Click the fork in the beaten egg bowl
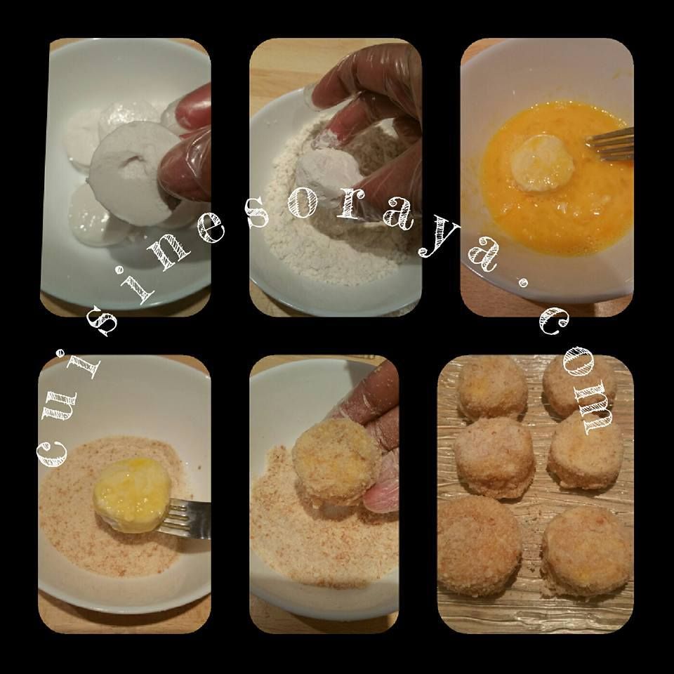[610, 145]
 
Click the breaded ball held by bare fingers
[336, 462]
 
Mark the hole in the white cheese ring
[132, 162]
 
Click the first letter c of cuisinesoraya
[51, 454]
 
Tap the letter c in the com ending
[555, 321]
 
